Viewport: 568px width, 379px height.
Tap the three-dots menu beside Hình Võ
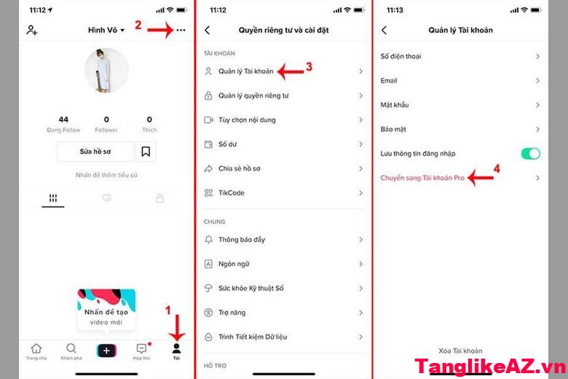[x=181, y=30]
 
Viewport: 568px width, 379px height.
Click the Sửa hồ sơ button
[x=95, y=152]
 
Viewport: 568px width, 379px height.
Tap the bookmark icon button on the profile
[x=146, y=152]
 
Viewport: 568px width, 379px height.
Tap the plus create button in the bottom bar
[x=106, y=351]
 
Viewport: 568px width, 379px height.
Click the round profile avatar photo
[x=107, y=71]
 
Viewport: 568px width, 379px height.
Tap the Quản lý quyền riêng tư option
[x=253, y=95]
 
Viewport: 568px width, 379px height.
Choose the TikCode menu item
[x=231, y=192]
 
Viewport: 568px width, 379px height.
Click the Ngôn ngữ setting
[x=234, y=264]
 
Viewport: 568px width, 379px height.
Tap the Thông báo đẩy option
[x=242, y=240]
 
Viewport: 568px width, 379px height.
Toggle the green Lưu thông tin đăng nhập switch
[x=530, y=153]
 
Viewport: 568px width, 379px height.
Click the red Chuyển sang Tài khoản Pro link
[x=422, y=178]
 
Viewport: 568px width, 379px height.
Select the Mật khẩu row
[x=395, y=105]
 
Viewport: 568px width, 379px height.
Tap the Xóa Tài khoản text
[x=460, y=351]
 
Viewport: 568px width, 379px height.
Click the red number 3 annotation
[x=309, y=66]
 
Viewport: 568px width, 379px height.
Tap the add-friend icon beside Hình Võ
[x=31, y=30]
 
